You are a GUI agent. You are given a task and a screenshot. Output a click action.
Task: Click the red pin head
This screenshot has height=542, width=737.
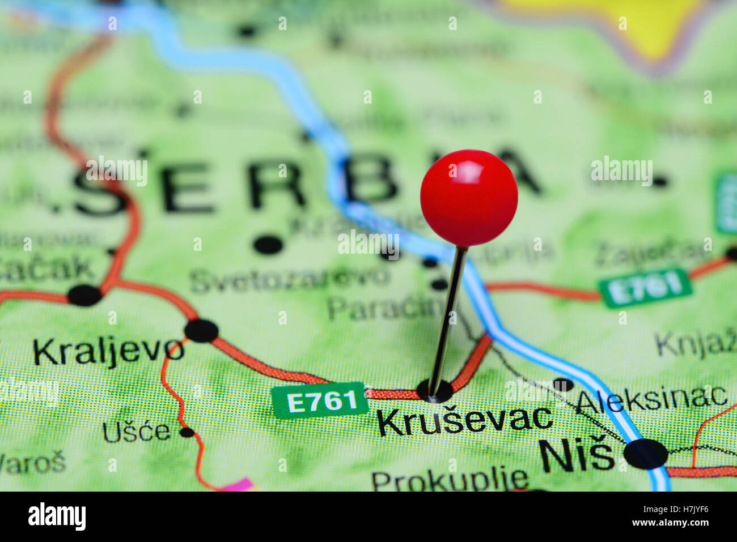tap(469, 197)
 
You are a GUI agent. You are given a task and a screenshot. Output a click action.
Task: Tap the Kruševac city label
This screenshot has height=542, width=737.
tap(464, 421)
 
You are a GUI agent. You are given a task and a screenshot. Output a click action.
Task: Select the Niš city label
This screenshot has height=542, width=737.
tap(576, 455)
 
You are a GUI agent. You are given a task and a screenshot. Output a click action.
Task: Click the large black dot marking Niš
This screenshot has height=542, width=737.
tap(646, 454)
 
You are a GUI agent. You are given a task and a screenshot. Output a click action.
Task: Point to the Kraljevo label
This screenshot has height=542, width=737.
tap(108, 351)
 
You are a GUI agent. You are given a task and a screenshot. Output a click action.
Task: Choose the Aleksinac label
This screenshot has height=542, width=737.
tap(651, 399)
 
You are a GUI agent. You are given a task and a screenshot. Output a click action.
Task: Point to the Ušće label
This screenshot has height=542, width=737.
tap(136, 432)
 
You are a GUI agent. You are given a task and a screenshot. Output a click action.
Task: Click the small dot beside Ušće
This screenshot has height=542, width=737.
tap(187, 432)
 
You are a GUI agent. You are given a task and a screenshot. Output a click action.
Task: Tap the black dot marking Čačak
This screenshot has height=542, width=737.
tap(84, 295)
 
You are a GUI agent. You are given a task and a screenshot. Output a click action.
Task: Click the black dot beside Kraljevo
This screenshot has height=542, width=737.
tap(201, 331)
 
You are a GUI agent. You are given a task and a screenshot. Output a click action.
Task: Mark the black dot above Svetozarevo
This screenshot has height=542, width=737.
tap(268, 245)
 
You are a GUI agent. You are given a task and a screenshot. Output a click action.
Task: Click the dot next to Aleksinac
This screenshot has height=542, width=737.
tap(563, 385)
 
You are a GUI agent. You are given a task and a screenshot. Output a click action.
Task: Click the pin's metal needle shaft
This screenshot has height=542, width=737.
tap(448, 317)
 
